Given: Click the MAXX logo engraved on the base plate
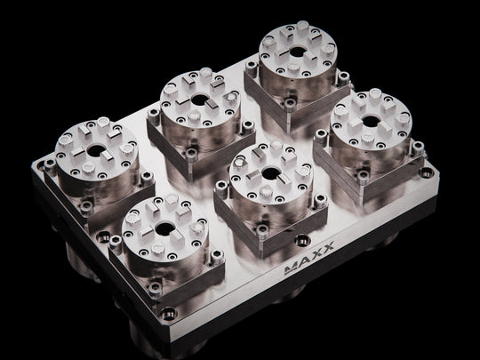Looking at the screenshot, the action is pyautogui.click(x=309, y=258).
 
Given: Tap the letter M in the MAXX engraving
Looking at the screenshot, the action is pyautogui.click(x=291, y=268).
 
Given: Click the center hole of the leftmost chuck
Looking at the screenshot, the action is pyautogui.click(x=96, y=150).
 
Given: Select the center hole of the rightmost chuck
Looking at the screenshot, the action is pyautogui.click(x=371, y=121).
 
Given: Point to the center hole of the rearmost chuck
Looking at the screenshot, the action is pyautogui.click(x=298, y=52).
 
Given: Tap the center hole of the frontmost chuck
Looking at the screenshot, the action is pyautogui.click(x=164, y=228).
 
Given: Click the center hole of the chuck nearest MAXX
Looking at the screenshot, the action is pyautogui.click(x=271, y=173).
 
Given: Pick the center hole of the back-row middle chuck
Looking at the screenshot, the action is pyautogui.click(x=200, y=100).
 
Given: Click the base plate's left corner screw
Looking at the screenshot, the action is pyautogui.click(x=40, y=166).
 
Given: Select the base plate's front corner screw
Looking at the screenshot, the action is pyautogui.click(x=168, y=314).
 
